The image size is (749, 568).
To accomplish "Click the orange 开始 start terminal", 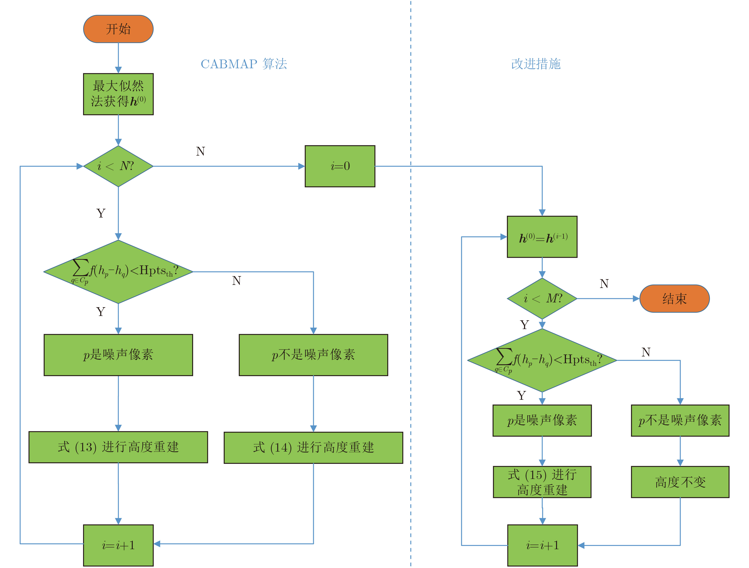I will click(118, 29).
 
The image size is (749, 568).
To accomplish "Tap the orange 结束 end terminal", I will click(674, 298).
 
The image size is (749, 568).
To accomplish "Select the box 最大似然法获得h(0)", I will click(118, 94).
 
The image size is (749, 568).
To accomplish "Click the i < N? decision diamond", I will click(118, 166).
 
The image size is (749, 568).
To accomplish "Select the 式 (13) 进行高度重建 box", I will click(118, 447).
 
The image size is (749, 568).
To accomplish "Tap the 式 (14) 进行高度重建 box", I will click(313, 447).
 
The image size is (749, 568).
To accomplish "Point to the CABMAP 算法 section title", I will click(244, 64).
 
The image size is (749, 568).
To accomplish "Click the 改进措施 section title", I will click(536, 64).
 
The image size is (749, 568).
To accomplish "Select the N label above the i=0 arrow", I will click(201, 151).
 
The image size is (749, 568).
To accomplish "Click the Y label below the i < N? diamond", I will click(101, 213).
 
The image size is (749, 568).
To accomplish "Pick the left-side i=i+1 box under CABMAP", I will click(118, 545).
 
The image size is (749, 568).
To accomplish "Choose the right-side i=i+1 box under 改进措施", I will click(542, 545).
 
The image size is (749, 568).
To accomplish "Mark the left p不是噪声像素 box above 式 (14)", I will click(313, 355).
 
